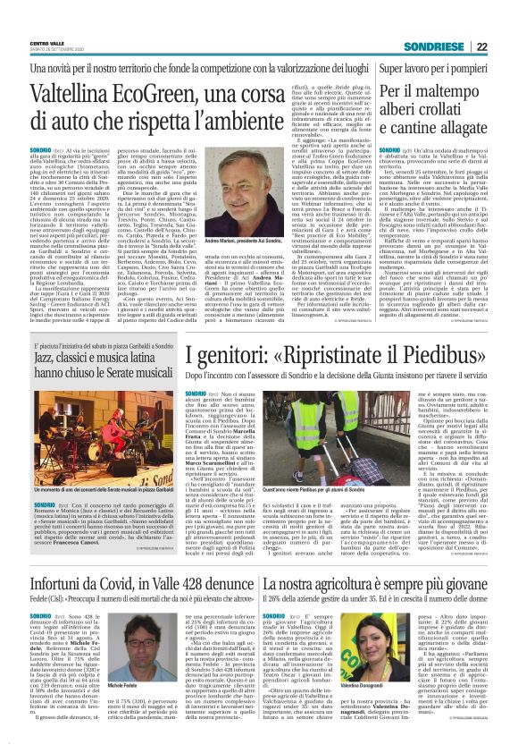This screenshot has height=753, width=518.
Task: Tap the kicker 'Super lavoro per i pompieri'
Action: point(435,67)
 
